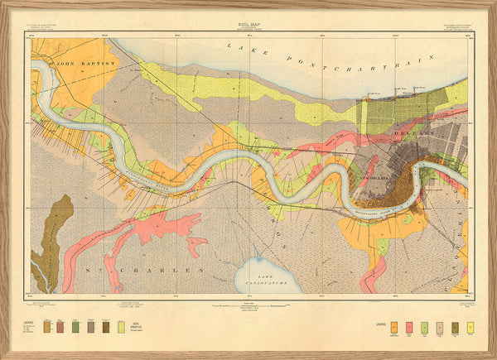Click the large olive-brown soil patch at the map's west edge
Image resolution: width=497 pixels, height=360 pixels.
51,236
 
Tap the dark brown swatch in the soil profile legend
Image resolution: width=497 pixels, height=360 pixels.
105,327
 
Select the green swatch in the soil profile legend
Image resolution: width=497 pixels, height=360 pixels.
76,327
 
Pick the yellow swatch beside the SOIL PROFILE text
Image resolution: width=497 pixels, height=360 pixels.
121,327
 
